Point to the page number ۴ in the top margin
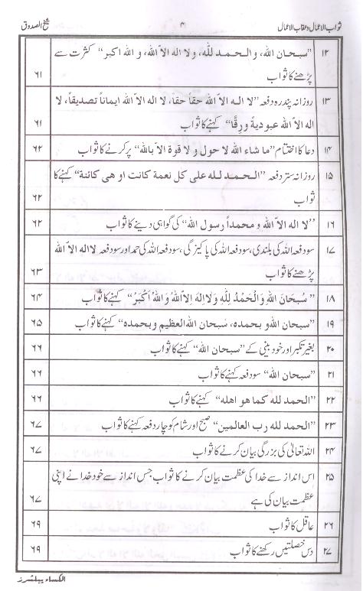183,10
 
